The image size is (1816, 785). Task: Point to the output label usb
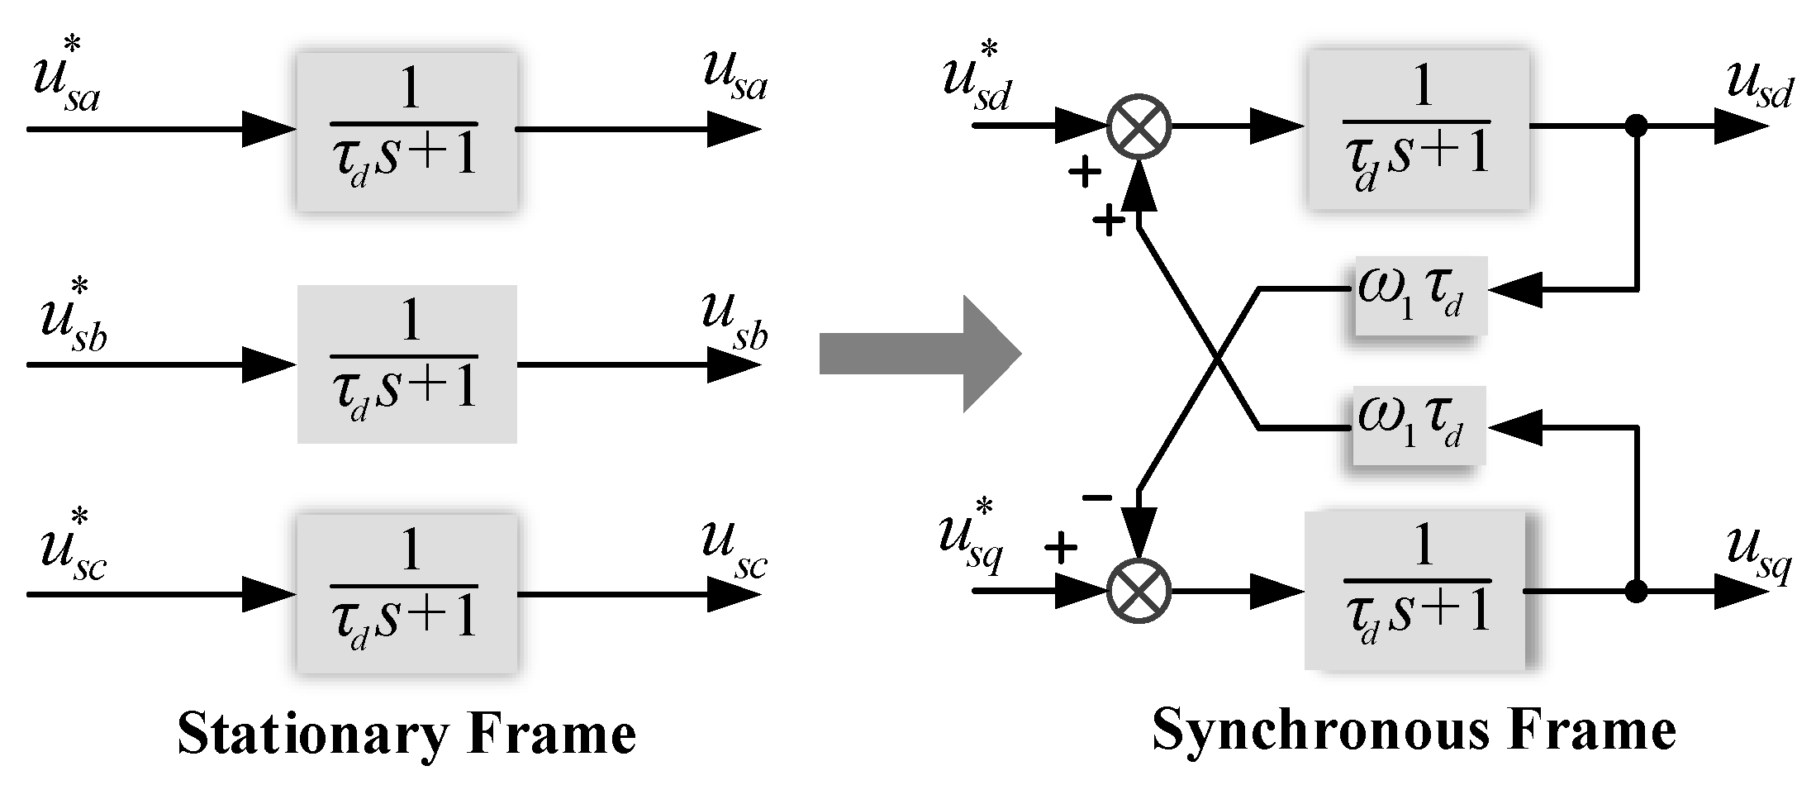pyautogui.click(x=734, y=324)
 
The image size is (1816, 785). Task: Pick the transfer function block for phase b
pyautogui.click(x=406, y=364)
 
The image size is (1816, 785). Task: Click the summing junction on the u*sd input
pyautogui.click(x=1139, y=126)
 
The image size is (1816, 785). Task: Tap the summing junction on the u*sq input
pyautogui.click(x=1139, y=592)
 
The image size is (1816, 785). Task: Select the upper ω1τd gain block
pyautogui.click(x=1419, y=293)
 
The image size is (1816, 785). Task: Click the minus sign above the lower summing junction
pyautogui.click(x=1097, y=497)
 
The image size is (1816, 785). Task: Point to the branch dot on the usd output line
pyautogui.click(x=1636, y=126)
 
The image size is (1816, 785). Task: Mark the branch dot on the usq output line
pyautogui.click(x=1636, y=592)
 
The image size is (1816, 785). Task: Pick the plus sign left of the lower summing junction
pyautogui.click(x=1061, y=547)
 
